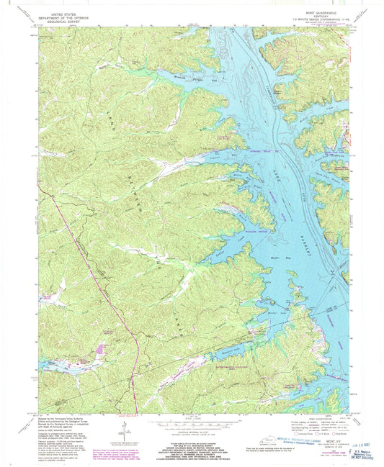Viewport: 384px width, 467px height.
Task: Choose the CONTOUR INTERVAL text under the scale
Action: (191, 430)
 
